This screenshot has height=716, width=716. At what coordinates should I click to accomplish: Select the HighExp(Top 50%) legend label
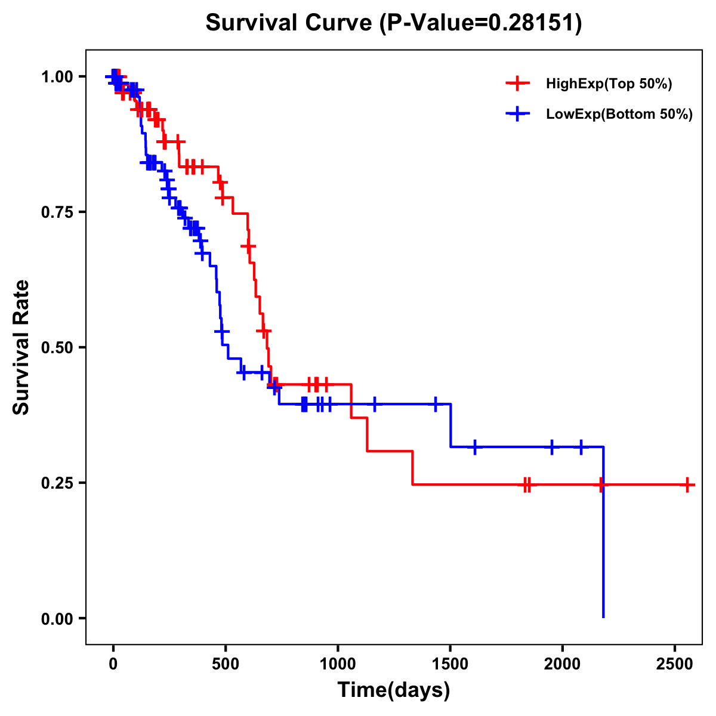(x=609, y=84)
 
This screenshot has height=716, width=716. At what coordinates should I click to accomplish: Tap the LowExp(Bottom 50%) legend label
(x=619, y=115)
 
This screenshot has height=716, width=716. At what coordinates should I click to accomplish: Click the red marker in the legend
(x=517, y=84)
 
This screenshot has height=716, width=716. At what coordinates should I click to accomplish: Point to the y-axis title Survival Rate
(x=21, y=347)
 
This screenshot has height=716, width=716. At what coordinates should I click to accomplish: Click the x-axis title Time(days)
(x=394, y=690)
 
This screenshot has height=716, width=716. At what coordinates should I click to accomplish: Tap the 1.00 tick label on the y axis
(x=57, y=76)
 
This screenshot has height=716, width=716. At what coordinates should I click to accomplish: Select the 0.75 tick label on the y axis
(x=57, y=212)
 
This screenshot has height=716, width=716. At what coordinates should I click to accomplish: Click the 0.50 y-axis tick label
(x=57, y=347)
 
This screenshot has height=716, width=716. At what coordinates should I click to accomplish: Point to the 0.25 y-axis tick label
(x=57, y=483)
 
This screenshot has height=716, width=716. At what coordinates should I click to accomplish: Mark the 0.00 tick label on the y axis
(x=57, y=618)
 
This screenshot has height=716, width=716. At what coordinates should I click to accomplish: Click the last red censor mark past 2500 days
(x=687, y=485)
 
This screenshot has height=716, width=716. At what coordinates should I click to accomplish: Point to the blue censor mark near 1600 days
(x=474, y=447)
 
